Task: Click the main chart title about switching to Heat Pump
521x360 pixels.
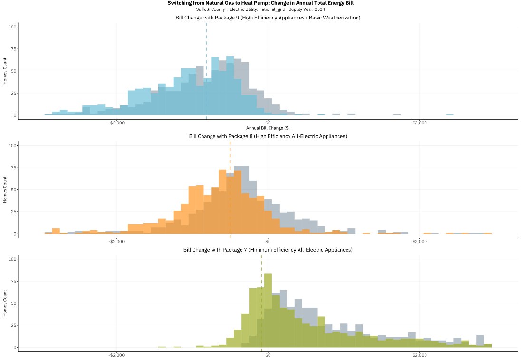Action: point(260,3)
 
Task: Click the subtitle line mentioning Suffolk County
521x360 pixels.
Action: point(260,9)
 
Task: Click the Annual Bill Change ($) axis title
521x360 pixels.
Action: point(268,128)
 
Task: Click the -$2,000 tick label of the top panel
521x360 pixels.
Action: point(116,123)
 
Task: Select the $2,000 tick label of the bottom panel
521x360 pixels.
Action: point(419,355)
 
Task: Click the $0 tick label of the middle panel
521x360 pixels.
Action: point(268,242)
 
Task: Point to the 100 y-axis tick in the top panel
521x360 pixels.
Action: point(13,27)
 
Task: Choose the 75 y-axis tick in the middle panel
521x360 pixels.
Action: point(14,167)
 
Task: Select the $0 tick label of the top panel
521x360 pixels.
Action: point(268,123)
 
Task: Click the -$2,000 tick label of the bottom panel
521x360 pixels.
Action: point(116,355)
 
